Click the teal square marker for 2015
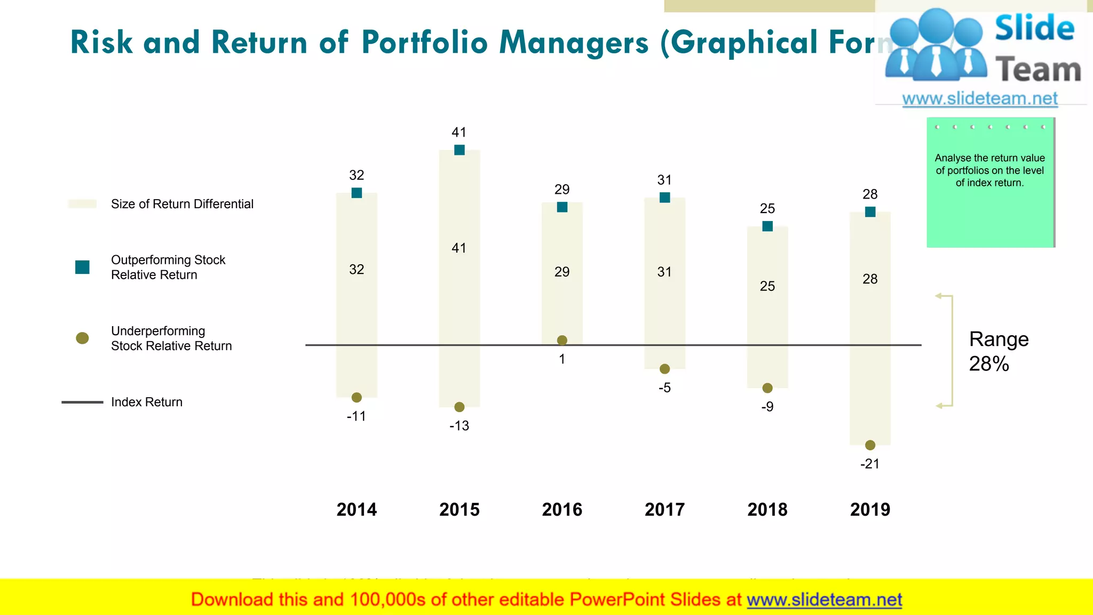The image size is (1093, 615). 459,150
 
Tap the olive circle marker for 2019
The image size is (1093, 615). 870,445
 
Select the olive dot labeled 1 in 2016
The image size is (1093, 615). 562,340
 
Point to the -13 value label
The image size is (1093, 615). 459,426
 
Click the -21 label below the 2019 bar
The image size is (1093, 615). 870,464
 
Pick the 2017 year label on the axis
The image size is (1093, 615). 664,510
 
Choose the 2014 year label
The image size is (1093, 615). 357,510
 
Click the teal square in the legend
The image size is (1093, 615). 82,267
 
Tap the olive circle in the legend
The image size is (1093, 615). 82,338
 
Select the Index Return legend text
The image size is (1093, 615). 147,402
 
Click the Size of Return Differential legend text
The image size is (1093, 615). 182,204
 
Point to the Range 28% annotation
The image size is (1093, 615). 998,351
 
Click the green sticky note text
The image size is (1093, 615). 989,170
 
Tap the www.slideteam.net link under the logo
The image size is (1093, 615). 980,99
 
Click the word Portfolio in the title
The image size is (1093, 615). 424,43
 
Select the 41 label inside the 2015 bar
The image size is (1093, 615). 459,248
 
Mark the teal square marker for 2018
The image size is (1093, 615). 767,226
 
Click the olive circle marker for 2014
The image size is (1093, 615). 357,397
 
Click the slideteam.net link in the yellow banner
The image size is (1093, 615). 824,600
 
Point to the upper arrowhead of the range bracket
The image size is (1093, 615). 939,296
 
